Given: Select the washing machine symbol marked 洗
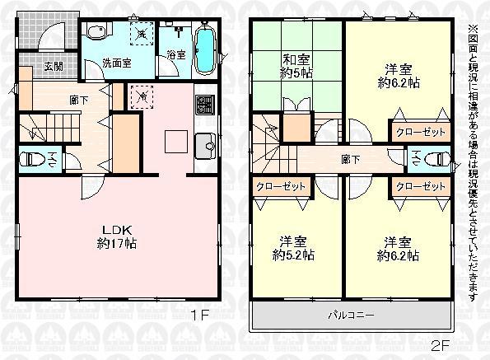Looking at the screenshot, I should click(x=142, y=35).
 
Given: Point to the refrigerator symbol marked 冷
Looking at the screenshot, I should click(x=142, y=96).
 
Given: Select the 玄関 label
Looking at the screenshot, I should click(x=31, y=66).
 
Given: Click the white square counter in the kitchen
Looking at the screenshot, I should click(x=176, y=142).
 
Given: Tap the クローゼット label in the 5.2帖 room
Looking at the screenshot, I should click(x=280, y=186).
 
